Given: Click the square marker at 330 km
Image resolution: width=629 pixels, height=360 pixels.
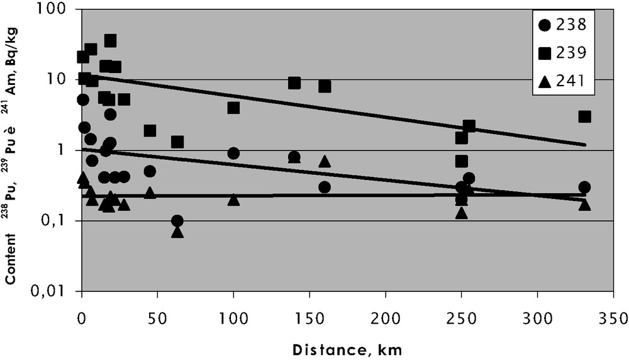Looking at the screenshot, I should coord(585,116).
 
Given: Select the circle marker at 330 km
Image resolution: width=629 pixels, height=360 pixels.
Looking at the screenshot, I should coord(584,187).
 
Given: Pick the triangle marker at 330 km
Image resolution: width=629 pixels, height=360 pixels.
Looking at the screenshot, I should coord(584,205).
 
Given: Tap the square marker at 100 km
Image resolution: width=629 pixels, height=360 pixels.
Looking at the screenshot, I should coord(233,108).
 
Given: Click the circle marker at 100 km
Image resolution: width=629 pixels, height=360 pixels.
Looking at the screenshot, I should coord(233,154).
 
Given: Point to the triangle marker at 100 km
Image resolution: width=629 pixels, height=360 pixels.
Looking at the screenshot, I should coord(233,200).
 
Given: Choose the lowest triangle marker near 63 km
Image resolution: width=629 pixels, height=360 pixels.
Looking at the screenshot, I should coord(177,232).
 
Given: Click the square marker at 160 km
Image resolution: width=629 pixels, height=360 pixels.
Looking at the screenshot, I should coord(325,86).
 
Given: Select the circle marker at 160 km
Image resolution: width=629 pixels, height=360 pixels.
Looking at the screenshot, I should coord(325,187).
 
